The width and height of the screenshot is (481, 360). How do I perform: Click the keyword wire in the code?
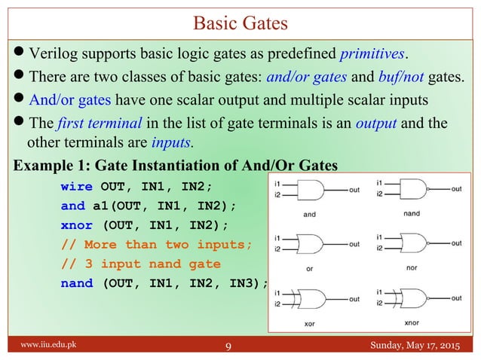click(76, 187)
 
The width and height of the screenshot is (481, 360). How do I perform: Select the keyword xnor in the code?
click(76, 225)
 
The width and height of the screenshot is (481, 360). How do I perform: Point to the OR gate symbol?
click(310, 244)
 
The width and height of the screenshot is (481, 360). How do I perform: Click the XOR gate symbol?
click(311, 297)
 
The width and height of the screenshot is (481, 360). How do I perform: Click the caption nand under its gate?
click(412, 213)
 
